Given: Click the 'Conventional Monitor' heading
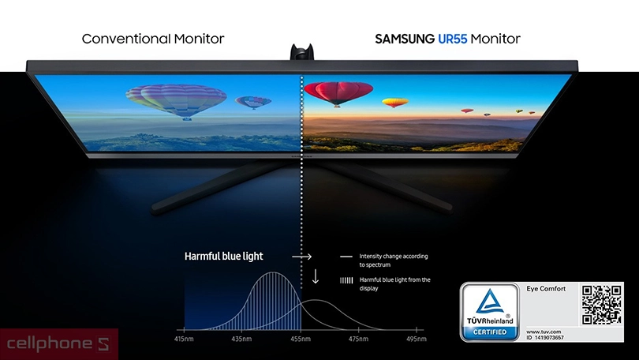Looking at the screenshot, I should (x=153, y=39).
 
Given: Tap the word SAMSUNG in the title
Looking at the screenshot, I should (x=404, y=39).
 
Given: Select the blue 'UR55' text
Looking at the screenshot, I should (x=452, y=39).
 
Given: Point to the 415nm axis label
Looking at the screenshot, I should (x=184, y=339).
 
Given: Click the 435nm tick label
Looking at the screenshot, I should (x=242, y=339).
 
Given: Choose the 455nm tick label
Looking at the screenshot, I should (x=301, y=339).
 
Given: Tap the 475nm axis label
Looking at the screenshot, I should (x=359, y=339).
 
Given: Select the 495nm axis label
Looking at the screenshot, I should (x=417, y=339).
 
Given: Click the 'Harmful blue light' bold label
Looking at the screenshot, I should (x=224, y=257).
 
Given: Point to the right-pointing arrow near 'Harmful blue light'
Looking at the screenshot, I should (x=301, y=257).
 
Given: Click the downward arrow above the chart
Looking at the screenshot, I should (x=316, y=276).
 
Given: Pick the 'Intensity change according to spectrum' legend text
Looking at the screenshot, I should (x=393, y=260).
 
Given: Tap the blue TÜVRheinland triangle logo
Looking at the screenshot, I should (x=492, y=303).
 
